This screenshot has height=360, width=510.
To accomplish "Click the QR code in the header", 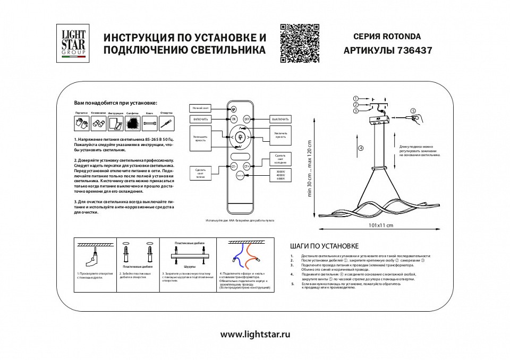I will point(300,44).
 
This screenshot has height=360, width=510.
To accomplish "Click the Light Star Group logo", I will point(73,44).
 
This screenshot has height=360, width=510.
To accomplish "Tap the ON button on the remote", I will point(234,119).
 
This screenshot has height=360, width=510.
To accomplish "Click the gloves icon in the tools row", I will point(81,124).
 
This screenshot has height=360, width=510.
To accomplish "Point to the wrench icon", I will point(149,124).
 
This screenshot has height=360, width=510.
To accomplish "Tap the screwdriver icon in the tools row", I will point(167,124).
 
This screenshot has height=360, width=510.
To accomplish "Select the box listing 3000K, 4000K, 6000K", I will point(280,176).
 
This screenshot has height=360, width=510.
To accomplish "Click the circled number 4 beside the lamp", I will point(361,148).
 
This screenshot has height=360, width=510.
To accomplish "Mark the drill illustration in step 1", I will point(91,260).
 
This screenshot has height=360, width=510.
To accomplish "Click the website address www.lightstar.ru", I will point(255,335).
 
